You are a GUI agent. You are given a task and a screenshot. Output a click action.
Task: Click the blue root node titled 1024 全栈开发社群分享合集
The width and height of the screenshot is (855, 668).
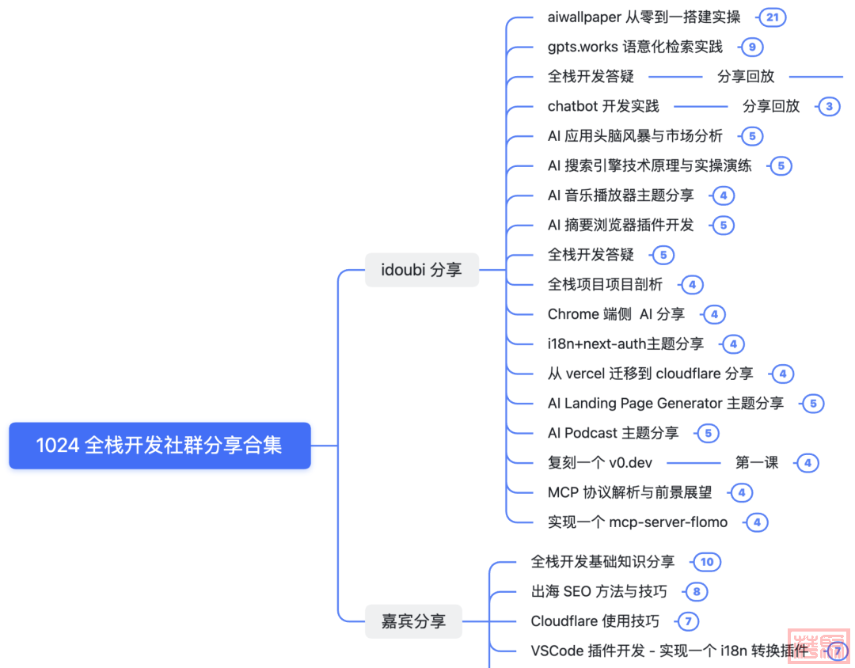pyautogui.click(x=159, y=446)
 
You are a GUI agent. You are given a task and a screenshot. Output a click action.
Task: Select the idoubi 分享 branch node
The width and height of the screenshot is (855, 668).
pyautogui.click(x=421, y=270)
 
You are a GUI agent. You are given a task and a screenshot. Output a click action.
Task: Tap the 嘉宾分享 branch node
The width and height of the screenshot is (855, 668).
pyautogui.click(x=413, y=621)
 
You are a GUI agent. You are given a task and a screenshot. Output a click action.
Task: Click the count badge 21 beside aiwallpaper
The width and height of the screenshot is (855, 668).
pyautogui.click(x=771, y=17)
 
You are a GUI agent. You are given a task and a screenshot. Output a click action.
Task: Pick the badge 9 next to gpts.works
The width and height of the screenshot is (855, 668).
pyautogui.click(x=751, y=47)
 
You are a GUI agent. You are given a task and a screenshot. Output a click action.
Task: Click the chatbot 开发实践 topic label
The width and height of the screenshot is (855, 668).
pyautogui.click(x=603, y=106)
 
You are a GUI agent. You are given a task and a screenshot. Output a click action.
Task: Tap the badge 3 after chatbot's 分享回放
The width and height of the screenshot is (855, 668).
pyautogui.click(x=829, y=107)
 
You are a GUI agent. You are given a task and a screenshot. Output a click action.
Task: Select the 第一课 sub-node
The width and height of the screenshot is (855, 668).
pyautogui.click(x=757, y=463)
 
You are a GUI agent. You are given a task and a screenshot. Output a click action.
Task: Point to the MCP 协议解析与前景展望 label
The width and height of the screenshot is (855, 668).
pyautogui.click(x=629, y=492)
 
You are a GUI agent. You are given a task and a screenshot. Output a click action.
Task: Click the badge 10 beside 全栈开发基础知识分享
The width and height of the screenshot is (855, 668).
pyautogui.click(x=706, y=562)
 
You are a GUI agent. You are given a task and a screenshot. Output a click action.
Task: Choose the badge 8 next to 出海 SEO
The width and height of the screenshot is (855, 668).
pyautogui.click(x=697, y=592)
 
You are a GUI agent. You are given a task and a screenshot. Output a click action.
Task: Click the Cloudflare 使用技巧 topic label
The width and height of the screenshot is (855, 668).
pyautogui.click(x=595, y=621)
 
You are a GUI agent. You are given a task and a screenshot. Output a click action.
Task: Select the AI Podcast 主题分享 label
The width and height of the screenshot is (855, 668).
pyautogui.click(x=613, y=433)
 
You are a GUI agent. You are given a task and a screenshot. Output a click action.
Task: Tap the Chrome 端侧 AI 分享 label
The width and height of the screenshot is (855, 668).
pyautogui.click(x=616, y=314)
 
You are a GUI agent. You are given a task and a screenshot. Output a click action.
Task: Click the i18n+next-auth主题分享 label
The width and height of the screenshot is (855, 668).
pyautogui.click(x=625, y=344)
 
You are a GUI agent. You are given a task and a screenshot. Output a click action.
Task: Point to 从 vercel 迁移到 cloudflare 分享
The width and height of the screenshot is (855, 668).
pyautogui.click(x=650, y=374)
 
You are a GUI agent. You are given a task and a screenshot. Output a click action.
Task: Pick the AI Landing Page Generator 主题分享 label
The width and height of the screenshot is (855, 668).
pyautogui.click(x=666, y=404)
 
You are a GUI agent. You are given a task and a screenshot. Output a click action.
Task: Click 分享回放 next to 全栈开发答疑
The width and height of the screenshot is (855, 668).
pyautogui.click(x=746, y=77)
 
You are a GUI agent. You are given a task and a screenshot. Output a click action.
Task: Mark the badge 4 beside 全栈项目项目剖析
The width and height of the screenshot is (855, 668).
pyautogui.click(x=692, y=285)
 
